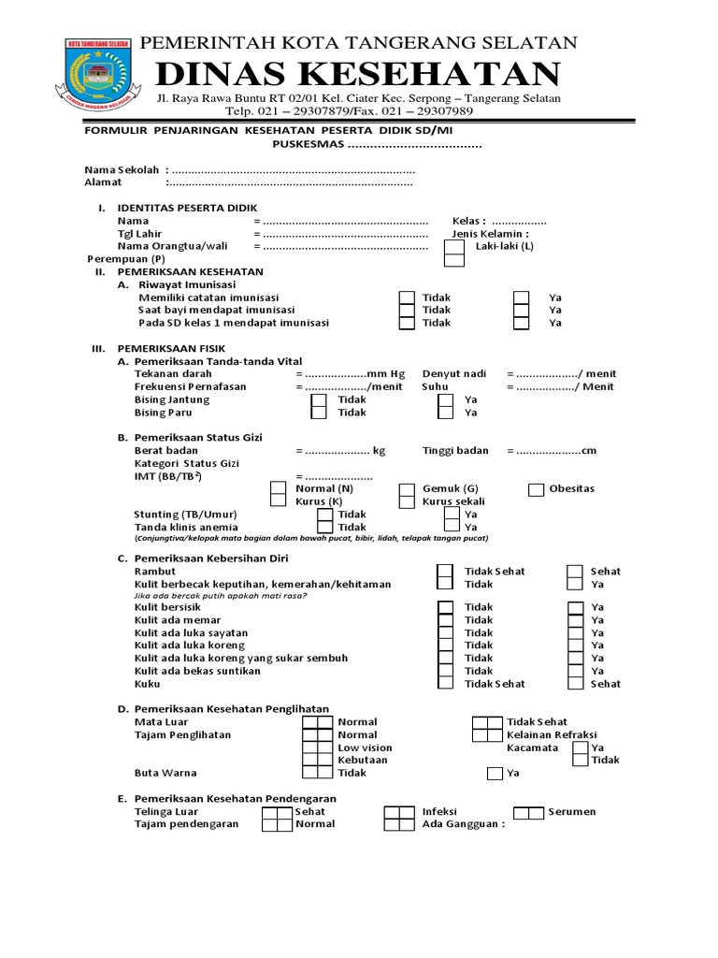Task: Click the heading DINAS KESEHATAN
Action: pyautogui.click(x=358, y=75)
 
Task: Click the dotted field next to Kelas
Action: pyautogui.click(x=519, y=221)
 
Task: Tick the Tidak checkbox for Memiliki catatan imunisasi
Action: pyautogui.click(x=407, y=298)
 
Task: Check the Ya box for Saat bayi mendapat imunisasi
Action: pyautogui.click(x=522, y=311)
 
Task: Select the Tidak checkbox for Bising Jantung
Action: pyautogui.click(x=319, y=399)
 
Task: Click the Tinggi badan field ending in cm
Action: pyautogui.click(x=547, y=451)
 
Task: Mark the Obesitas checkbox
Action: pyautogui.click(x=536, y=489)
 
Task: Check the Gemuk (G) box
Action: pyautogui.click(x=407, y=489)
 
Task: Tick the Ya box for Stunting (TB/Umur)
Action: pyautogui.click(x=452, y=515)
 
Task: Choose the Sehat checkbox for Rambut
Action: pyautogui.click(x=576, y=572)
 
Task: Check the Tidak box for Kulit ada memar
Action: pyautogui.click(x=446, y=620)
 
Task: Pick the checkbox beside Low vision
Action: pyautogui.click(x=317, y=748)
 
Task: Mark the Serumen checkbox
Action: pyautogui.click(x=529, y=812)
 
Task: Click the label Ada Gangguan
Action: pyautogui.click(x=463, y=825)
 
